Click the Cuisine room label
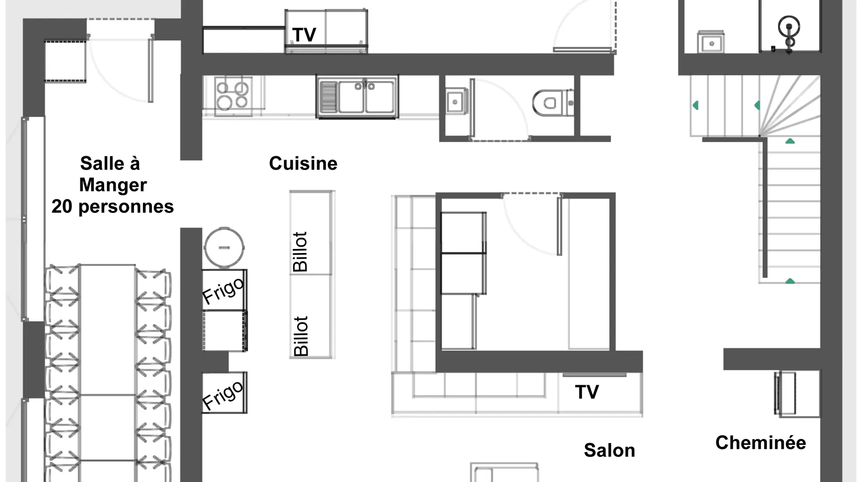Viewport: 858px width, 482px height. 303,163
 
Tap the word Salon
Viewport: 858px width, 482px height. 610,450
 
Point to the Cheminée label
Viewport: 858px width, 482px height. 761,443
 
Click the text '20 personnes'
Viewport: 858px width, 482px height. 113,207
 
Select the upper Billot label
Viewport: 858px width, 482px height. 300,252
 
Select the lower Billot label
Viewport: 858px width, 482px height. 301,336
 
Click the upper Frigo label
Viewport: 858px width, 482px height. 223,290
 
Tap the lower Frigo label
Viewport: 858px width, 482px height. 223,395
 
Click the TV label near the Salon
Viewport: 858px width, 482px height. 587,392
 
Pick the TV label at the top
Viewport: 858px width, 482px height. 304,35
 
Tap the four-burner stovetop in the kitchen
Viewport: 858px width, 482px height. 232,96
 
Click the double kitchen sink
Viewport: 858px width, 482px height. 357,97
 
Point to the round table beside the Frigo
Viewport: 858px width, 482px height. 224,247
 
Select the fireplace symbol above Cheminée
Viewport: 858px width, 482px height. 785,394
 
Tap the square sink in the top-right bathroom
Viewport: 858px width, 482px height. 711,43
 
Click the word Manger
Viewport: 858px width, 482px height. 113,185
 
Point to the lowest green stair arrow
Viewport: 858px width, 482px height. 790,281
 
